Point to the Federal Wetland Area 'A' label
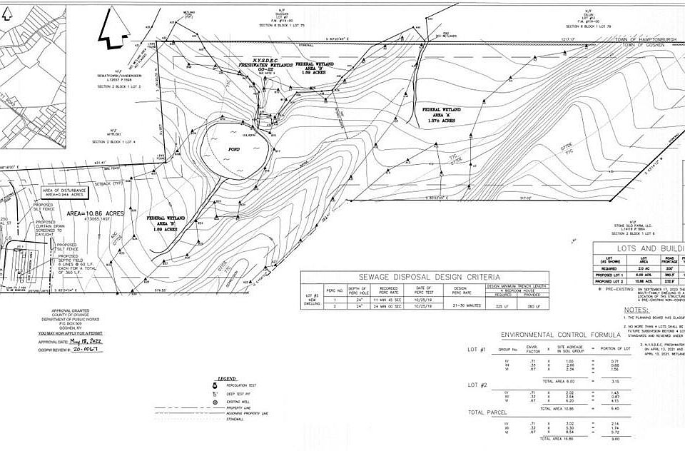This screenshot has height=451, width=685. click(442, 115)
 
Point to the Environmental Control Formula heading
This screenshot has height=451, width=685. click(548, 334)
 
